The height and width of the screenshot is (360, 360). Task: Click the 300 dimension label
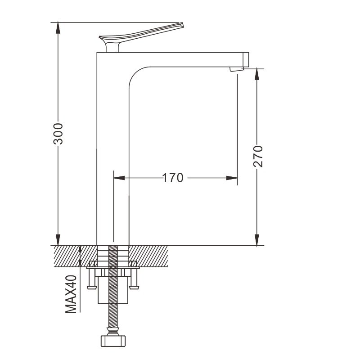[58, 134]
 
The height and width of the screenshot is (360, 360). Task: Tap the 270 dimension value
[258, 156]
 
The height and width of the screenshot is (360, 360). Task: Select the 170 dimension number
[173, 178]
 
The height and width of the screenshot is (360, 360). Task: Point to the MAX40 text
[71, 294]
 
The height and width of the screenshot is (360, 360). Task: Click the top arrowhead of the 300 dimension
[58, 28]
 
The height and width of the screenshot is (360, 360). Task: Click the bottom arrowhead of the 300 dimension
[58, 240]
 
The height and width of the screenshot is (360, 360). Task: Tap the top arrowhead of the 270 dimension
[257, 74]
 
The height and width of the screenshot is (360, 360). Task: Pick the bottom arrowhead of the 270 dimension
[257, 240]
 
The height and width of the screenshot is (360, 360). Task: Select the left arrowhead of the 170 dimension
[119, 178]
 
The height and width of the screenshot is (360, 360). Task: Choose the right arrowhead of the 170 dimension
[232, 178]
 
